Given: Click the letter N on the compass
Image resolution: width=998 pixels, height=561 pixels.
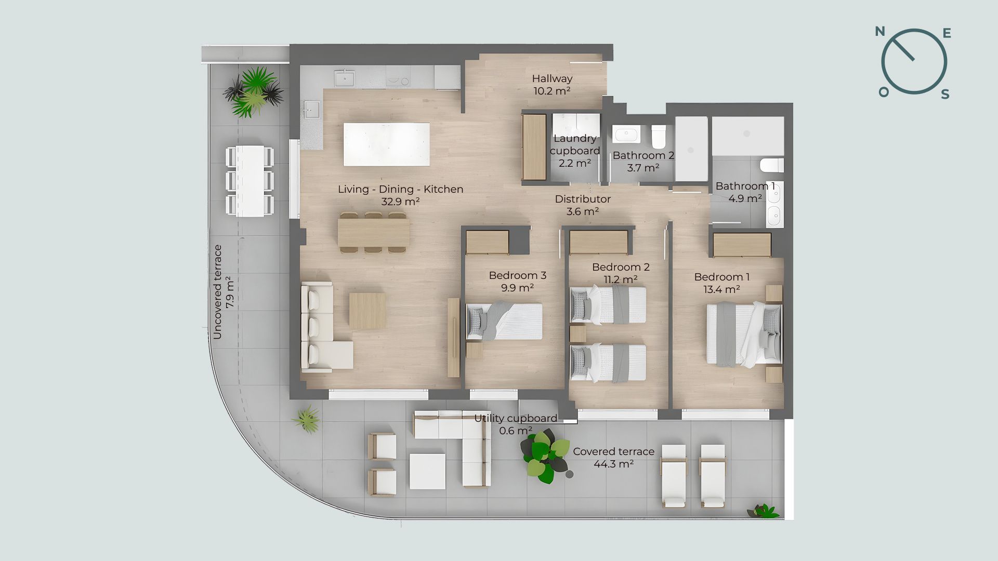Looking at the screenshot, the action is pyautogui.click(x=880, y=32).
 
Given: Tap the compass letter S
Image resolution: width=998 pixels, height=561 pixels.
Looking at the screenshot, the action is pyautogui.click(x=946, y=94).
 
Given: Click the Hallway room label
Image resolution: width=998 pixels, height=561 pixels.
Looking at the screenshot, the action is pyautogui.click(x=552, y=78).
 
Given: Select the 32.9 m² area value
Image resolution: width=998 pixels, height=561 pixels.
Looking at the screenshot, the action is pyautogui.click(x=400, y=202).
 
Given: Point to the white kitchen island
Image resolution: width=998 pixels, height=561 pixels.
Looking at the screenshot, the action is pyautogui.click(x=387, y=144).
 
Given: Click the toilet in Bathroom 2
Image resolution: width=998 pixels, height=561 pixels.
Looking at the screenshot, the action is pyautogui.click(x=659, y=136).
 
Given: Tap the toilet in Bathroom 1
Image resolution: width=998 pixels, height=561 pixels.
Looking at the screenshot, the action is pyautogui.click(x=772, y=166).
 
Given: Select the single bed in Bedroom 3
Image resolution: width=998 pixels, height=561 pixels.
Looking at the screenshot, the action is pyautogui.click(x=504, y=322).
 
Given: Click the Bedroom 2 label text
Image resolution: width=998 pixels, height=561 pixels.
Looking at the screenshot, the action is pyautogui.click(x=621, y=267).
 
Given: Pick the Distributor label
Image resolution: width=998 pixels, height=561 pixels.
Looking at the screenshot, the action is pyautogui.click(x=583, y=199).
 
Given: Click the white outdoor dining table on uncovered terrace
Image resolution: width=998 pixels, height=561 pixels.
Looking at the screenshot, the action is pyautogui.click(x=250, y=181).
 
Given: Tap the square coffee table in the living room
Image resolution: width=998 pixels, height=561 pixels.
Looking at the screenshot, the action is pyautogui.click(x=367, y=311).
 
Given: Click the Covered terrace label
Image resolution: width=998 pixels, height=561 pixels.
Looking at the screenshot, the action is pyautogui.click(x=613, y=451).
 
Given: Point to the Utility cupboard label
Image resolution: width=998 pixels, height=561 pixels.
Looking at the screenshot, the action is pyautogui.click(x=516, y=418).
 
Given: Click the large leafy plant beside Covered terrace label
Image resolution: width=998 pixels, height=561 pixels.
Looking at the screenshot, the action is pyautogui.click(x=545, y=456).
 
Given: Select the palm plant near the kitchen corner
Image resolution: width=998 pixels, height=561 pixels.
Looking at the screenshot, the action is pyautogui.click(x=254, y=91).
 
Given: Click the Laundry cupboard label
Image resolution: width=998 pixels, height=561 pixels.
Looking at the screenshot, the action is pyautogui.click(x=575, y=144).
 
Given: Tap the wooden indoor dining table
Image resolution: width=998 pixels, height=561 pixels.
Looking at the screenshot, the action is pyautogui.click(x=373, y=232).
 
